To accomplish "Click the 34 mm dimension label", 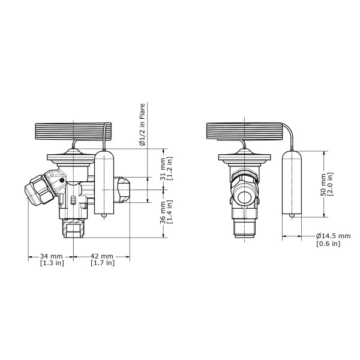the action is coord(51,256).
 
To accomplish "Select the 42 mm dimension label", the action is coord(102,256).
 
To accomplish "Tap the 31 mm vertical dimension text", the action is coord(163,169).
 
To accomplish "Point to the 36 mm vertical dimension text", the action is coord(163,212).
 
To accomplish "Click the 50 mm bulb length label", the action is coord(323,185).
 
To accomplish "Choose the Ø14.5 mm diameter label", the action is coord(334,236).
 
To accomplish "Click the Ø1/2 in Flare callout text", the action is coord(142,124).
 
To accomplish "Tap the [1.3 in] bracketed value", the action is coord(52,263).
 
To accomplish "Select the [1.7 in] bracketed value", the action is coord(103,263).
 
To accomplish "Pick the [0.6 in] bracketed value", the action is coord(328,244).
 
